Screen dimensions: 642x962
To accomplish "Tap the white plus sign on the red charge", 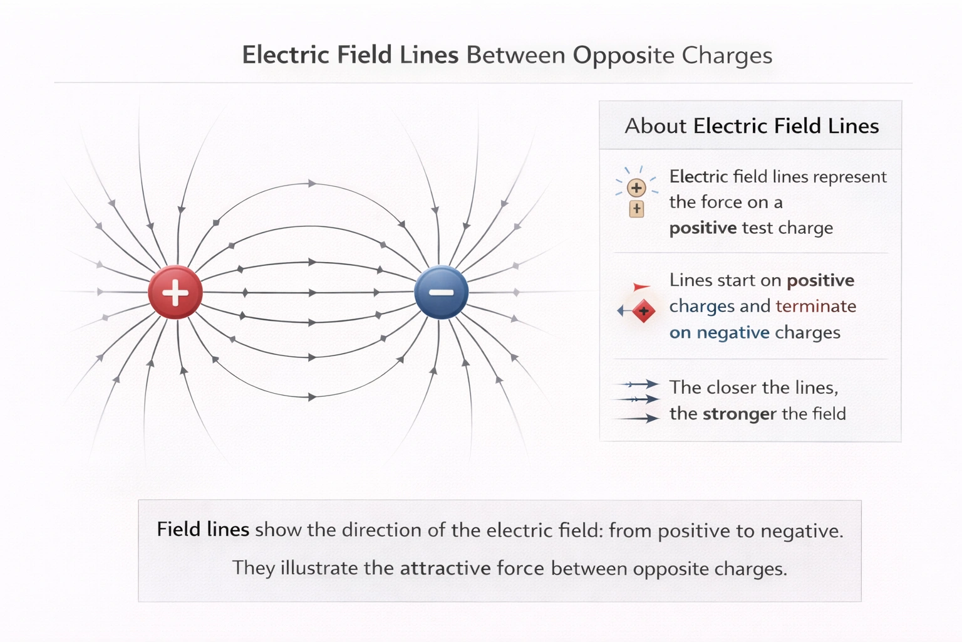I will (x=175, y=292).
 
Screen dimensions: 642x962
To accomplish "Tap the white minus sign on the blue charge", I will (x=442, y=292).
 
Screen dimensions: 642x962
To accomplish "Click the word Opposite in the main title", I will (x=623, y=55).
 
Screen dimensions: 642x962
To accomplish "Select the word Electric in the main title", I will (x=286, y=55).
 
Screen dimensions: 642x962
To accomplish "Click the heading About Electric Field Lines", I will (x=751, y=126).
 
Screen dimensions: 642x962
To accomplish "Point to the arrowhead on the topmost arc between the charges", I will (x=311, y=184).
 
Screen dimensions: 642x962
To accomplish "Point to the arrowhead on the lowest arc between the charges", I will (x=311, y=397).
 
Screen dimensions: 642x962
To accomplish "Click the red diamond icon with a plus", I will (x=643, y=311).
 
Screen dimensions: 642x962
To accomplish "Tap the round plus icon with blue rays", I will (x=636, y=187).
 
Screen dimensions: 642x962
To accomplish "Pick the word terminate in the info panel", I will (x=815, y=306).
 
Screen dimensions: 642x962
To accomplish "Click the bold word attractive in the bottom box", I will (x=445, y=568).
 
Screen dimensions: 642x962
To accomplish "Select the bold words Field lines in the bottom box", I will (x=203, y=529).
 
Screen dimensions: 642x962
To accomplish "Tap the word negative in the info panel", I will (x=733, y=332).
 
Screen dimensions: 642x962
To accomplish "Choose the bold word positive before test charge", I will (x=703, y=228).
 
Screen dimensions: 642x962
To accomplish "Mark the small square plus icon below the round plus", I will (x=636, y=209).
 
